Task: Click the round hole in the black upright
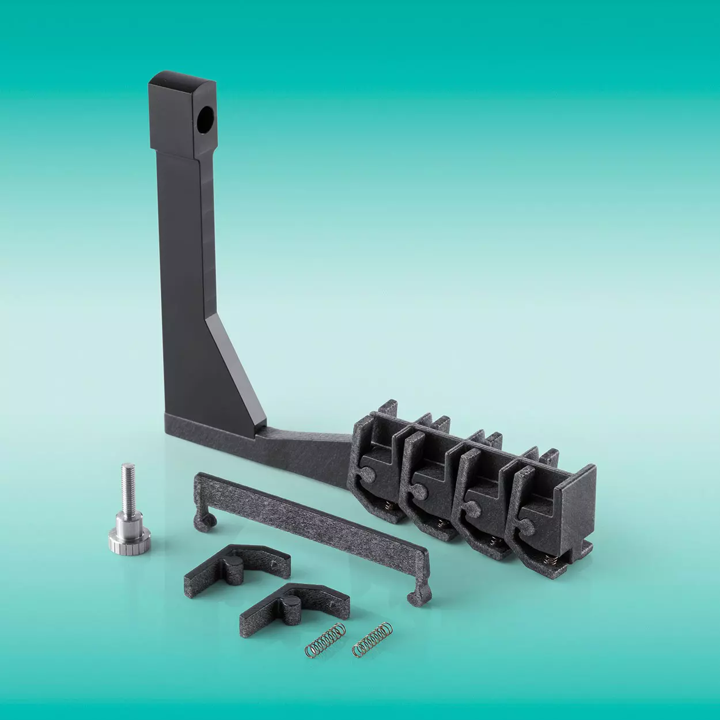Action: [x=204, y=119]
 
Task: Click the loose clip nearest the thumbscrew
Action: [x=237, y=566]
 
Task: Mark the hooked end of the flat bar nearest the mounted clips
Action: [x=419, y=593]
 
